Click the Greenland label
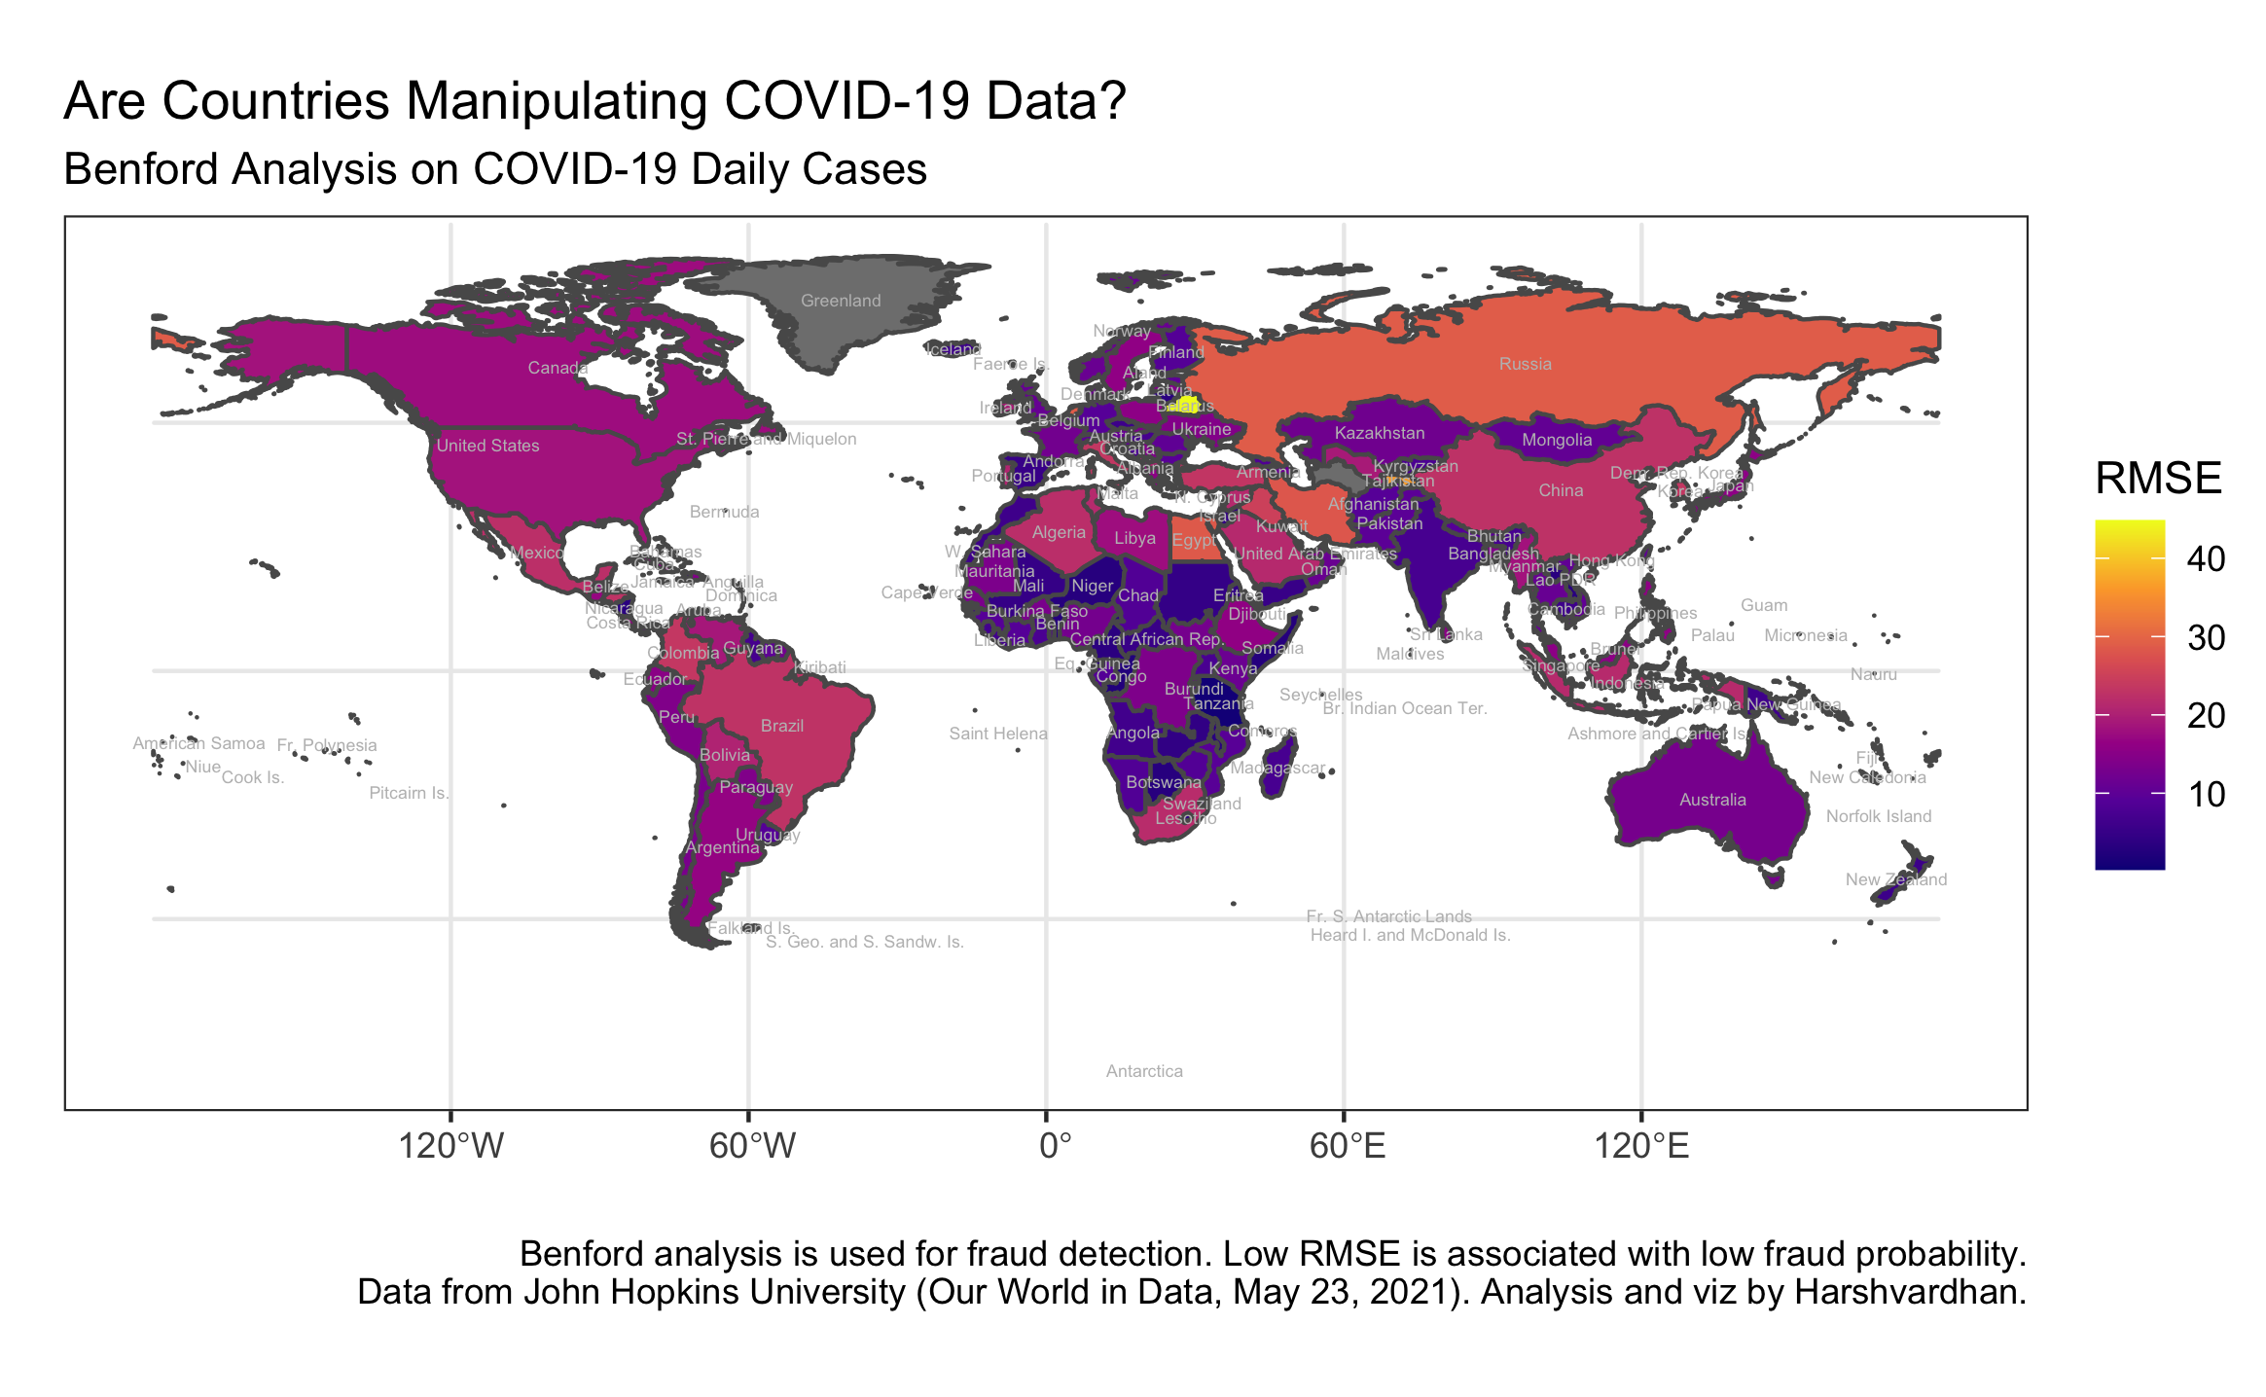(x=841, y=301)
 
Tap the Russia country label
(x=1525, y=364)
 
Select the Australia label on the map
(x=1712, y=800)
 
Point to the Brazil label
(x=782, y=726)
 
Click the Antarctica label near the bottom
(x=1144, y=1071)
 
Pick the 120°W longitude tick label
(x=451, y=1146)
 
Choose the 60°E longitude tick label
(x=1347, y=1146)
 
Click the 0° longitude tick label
(x=1055, y=1146)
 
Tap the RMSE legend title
(x=2158, y=479)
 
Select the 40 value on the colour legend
(x=2205, y=559)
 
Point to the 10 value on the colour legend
(x=2207, y=795)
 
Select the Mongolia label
(x=1557, y=440)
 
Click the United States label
(x=487, y=446)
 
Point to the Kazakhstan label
(x=1379, y=433)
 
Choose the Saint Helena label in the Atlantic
(x=998, y=734)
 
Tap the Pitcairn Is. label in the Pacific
(x=409, y=793)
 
